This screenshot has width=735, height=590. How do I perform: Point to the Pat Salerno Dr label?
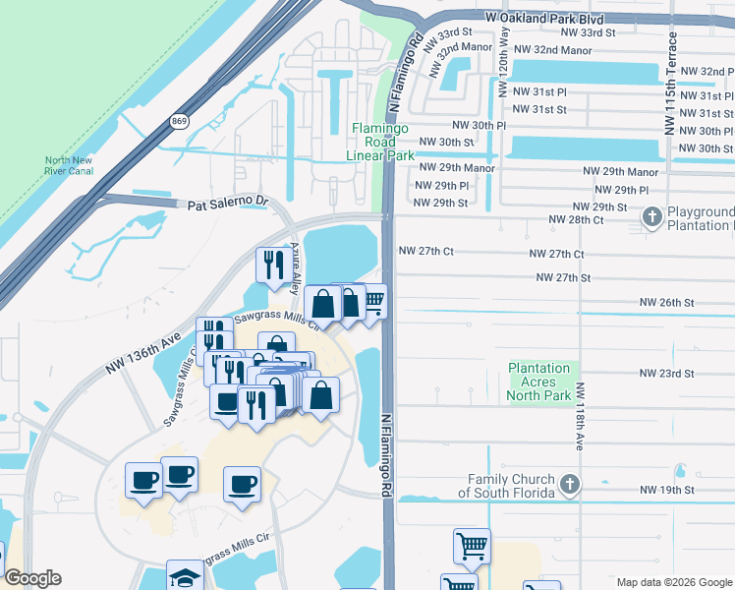pyautogui.click(x=228, y=203)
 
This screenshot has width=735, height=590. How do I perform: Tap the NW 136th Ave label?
pyautogui.click(x=143, y=354)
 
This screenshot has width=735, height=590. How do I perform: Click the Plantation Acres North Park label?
pyautogui.click(x=538, y=382)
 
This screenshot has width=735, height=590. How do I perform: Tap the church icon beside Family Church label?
pyautogui.click(x=570, y=485)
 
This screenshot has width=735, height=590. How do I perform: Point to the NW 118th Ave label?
pyautogui.click(x=580, y=417)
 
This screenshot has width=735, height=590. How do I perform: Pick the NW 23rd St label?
pyautogui.click(x=666, y=374)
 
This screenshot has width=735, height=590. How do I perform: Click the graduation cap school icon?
pyautogui.click(x=184, y=576)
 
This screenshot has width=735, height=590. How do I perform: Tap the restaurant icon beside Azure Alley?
pyautogui.click(x=271, y=263)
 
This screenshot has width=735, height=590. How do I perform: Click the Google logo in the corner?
pyautogui.click(x=32, y=578)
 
